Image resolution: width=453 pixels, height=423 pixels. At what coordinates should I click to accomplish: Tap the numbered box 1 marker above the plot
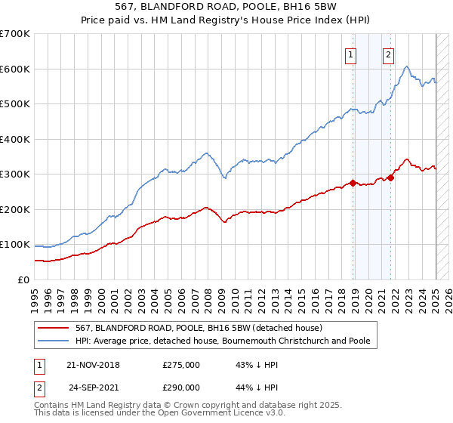pos(352,54)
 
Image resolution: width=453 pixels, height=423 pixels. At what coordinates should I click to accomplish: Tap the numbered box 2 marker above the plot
pos(388,54)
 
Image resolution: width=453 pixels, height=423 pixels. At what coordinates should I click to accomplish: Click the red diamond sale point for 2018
pos(353,184)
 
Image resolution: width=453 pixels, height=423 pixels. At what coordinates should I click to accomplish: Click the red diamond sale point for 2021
pos(390,178)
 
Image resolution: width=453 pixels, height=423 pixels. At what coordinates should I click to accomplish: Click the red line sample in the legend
pos(55,328)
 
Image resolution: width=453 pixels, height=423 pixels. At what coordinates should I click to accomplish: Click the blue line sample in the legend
pos(55,341)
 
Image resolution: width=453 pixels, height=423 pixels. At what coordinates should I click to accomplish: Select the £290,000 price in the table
pos(180,387)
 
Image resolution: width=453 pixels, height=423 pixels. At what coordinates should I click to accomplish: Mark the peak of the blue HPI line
pos(407,66)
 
